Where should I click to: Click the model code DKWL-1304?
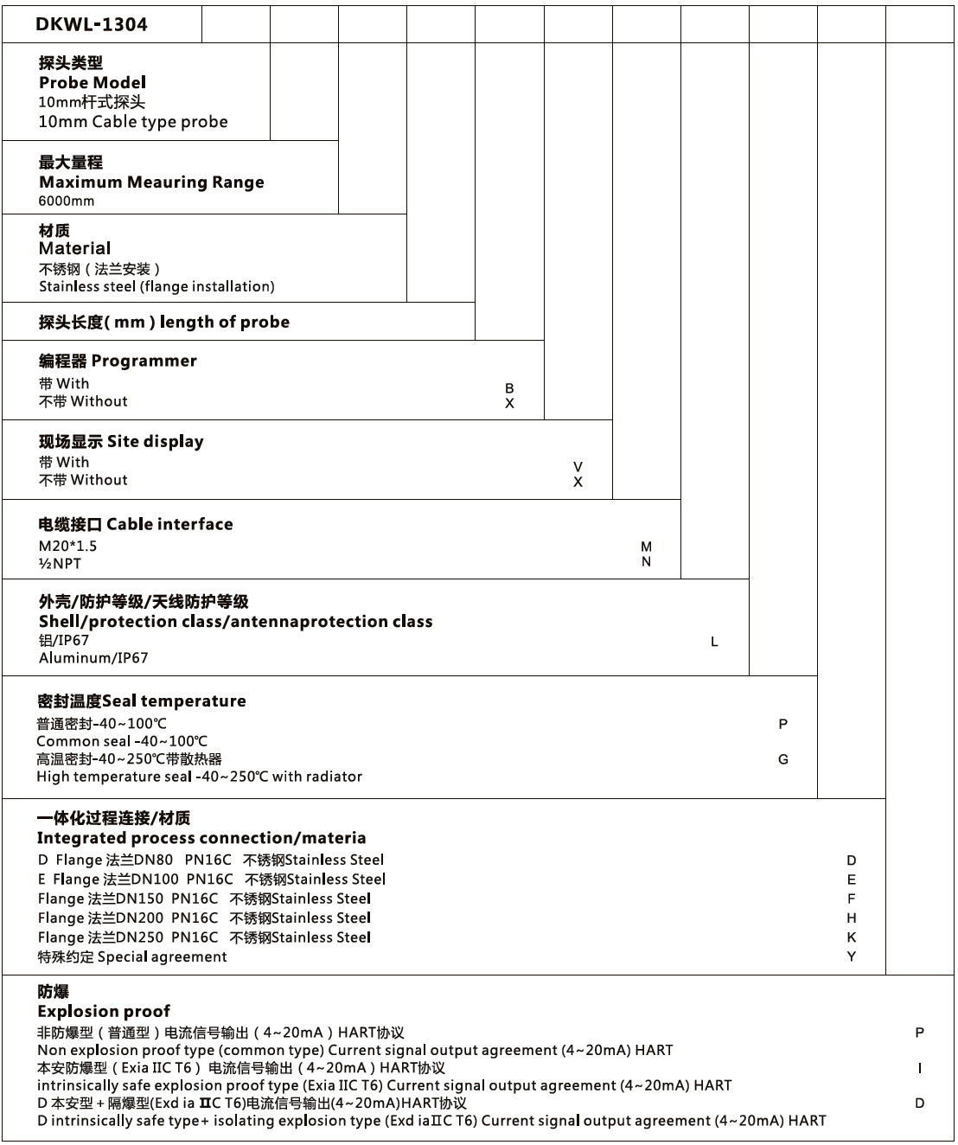click(x=92, y=24)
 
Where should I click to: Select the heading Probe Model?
click(x=93, y=82)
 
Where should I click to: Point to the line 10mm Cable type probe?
click(x=133, y=122)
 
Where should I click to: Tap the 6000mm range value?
click(x=67, y=201)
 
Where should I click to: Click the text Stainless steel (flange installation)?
click(x=156, y=286)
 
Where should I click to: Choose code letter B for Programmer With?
click(x=509, y=388)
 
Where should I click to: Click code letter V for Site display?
click(x=578, y=467)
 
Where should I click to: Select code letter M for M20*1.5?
click(x=647, y=547)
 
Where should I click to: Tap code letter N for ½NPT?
click(x=647, y=562)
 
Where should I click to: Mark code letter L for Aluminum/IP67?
click(x=714, y=642)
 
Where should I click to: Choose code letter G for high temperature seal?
click(x=783, y=759)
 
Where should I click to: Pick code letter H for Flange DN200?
click(x=852, y=918)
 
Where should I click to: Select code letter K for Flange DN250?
click(x=852, y=937)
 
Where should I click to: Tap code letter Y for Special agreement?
click(x=852, y=956)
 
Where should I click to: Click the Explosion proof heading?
click(x=104, y=1011)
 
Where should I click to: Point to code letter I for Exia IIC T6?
click(x=920, y=1068)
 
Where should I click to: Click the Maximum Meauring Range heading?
click(x=151, y=182)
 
